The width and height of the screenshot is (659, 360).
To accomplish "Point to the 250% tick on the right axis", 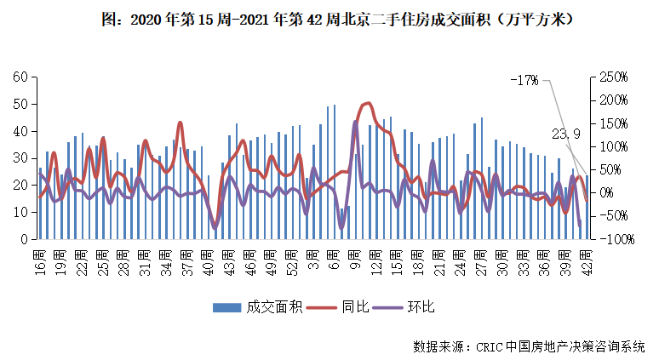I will (613, 77).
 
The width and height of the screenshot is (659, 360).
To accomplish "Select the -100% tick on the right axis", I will (615, 239).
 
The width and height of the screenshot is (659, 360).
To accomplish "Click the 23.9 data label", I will (566, 133).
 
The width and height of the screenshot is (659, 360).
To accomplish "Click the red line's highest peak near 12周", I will (367, 103).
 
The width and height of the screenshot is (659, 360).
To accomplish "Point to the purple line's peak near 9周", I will (355, 121).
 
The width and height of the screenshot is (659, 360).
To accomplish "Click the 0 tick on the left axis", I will (26, 239).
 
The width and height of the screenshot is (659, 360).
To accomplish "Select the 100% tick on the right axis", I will (613, 146).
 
